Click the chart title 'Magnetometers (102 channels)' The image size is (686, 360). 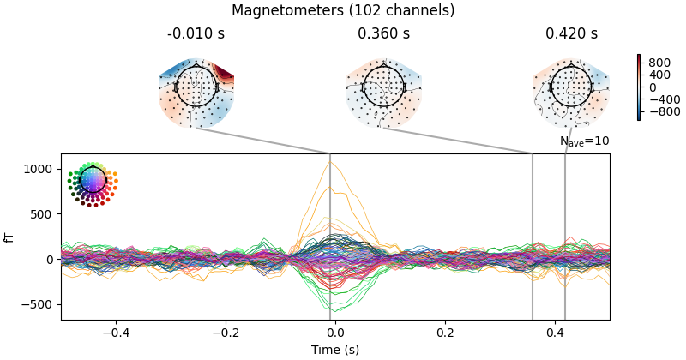coord(343,11)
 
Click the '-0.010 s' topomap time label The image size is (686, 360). coord(196,34)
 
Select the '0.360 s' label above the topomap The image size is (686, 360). coord(383,34)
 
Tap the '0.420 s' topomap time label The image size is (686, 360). coord(571,34)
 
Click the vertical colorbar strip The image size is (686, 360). coord(639,87)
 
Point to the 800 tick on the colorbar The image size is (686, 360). coord(658,63)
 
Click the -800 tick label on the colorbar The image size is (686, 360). coord(663,111)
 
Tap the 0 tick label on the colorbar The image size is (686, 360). coord(653,87)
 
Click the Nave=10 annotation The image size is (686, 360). coord(584,141)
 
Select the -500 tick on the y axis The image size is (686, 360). coord(44,304)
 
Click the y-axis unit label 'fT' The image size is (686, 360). coord(10,237)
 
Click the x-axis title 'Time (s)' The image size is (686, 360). coord(335,350)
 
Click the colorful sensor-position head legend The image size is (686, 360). coord(92,183)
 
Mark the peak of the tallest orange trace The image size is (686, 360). coord(329,161)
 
